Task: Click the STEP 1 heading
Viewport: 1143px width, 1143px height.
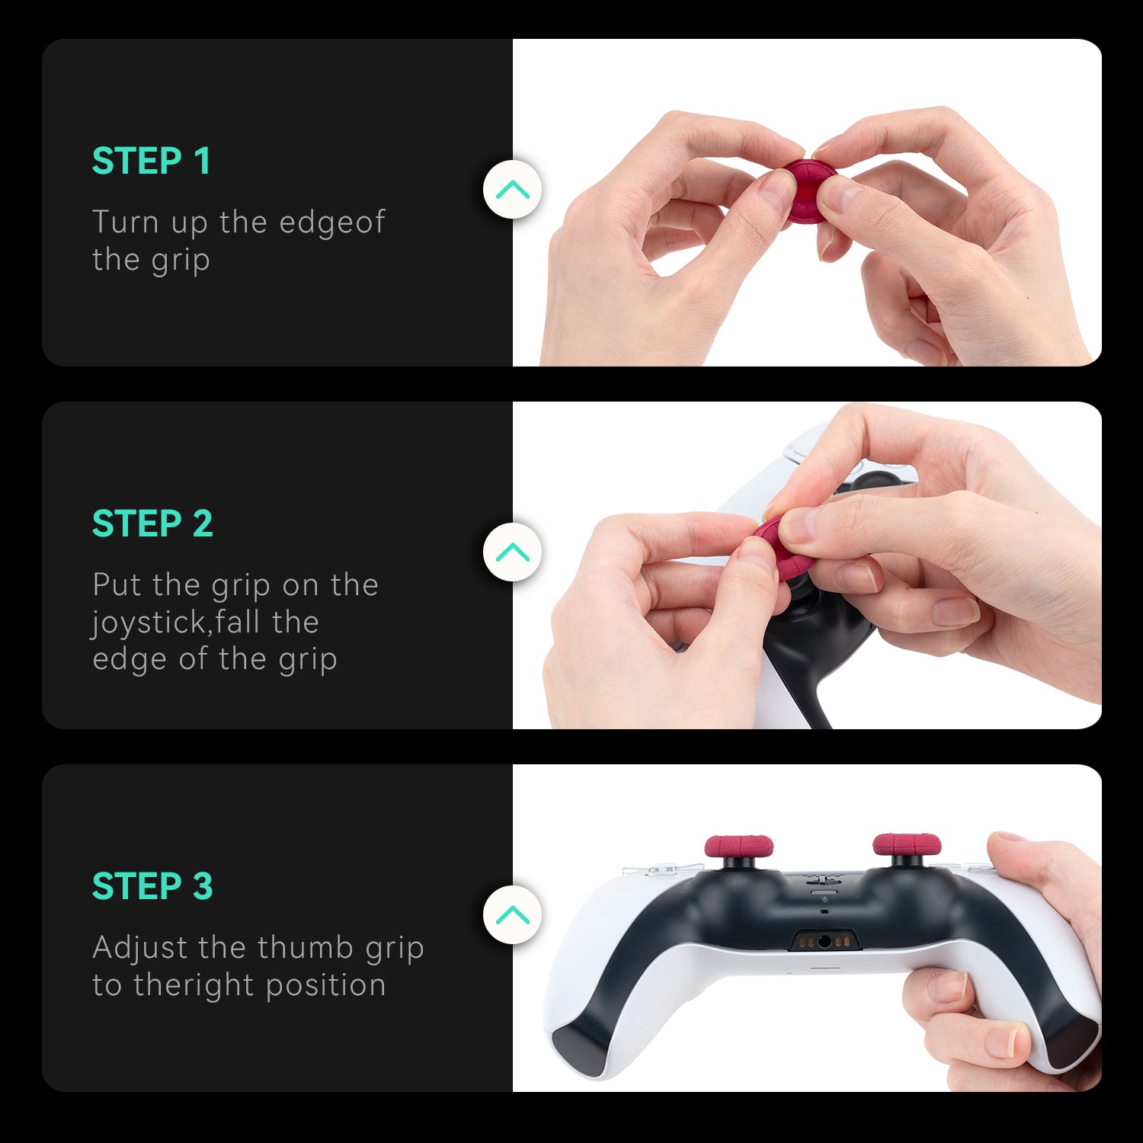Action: tap(151, 162)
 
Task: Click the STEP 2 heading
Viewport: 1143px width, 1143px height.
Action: tap(152, 524)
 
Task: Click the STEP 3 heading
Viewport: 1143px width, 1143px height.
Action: tap(152, 887)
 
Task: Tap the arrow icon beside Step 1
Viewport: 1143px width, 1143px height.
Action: tap(512, 189)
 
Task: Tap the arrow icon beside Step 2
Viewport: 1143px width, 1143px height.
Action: tap(512, 552)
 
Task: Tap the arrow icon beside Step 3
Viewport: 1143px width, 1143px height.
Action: tap(512, 914)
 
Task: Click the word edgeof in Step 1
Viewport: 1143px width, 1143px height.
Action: tap(332, 223)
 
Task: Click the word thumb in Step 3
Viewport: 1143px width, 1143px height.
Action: tap(306, 948)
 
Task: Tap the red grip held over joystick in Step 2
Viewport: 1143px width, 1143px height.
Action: tap(773, 545)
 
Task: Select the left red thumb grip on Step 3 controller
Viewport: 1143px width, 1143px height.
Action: tap(738, 845)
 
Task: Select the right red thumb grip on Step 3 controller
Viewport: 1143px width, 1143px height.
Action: tap(907, 844)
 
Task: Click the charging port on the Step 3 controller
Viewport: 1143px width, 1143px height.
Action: tap(824, 941)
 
